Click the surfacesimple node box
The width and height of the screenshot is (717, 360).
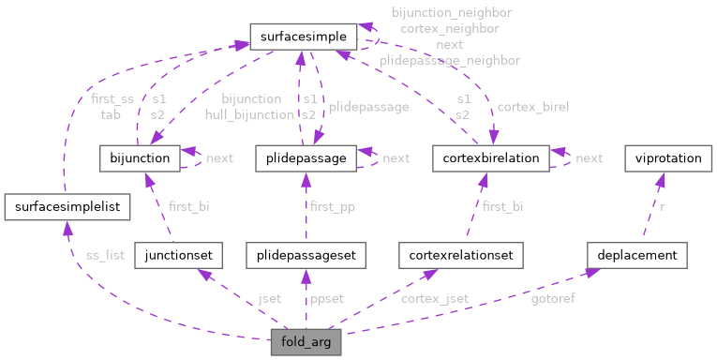pos(303,37)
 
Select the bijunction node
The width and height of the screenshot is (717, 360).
pos(139,158)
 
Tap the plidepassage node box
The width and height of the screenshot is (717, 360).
pos(306,158)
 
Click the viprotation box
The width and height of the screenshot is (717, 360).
pos(666,158)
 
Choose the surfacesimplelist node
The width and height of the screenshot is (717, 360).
pos(63,205)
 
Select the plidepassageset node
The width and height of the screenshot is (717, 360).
pos(305,254)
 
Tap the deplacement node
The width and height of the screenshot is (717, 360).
pos(637,254)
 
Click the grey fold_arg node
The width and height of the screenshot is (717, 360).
pos(306,342)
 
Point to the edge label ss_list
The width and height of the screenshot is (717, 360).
pos(104,254)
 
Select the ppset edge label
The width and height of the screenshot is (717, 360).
pos(326,298)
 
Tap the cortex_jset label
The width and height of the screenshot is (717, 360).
pos(434,298)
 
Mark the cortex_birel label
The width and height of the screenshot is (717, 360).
pos(532,107)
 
